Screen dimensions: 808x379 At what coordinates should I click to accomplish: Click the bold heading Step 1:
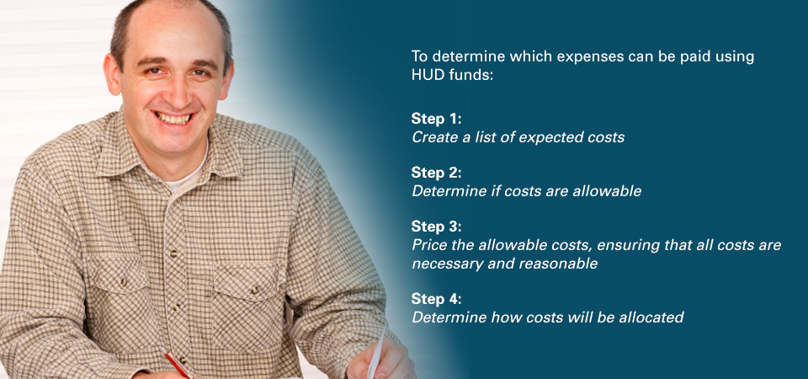437,119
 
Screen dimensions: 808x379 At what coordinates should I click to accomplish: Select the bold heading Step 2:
437,172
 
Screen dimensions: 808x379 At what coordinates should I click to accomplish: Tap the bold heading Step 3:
437,227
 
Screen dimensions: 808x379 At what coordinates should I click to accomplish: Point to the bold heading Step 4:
437,298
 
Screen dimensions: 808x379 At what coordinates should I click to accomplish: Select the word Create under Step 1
433,137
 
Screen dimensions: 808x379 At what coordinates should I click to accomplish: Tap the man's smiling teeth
174,119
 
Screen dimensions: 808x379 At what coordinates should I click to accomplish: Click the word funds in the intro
467,74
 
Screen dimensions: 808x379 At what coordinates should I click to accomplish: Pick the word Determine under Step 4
449,318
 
